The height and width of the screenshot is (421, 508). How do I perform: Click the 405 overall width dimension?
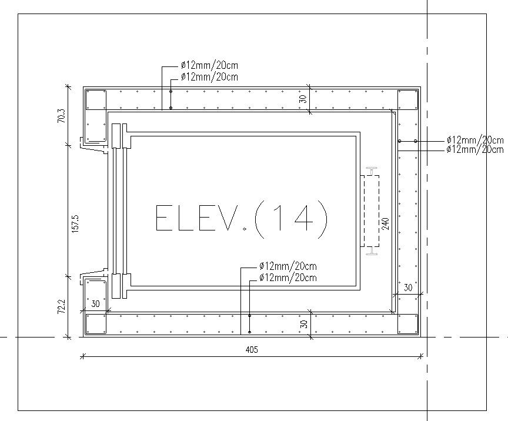pyautogui.click(x=252, y=349)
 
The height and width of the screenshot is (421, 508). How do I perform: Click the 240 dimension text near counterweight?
pyautogui.click(x=386, y=224)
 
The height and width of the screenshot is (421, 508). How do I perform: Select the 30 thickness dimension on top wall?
pyautogui.click(x=303, y=98)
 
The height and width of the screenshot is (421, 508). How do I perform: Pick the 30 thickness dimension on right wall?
pyautogui.click(x=408, y=288)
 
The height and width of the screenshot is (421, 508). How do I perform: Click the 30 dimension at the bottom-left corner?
pyautogui.click(x=96, y=305)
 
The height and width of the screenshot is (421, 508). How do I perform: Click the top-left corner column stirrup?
pyautogui.click(x=96, y=100)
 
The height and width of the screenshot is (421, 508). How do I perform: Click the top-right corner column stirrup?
pyautogui.click(x=407, y=100)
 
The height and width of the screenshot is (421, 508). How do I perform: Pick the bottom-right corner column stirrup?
pyautogui.click(x=407, y=323)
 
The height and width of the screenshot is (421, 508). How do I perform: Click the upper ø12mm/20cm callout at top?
pyautogui.click(x=209, y=65)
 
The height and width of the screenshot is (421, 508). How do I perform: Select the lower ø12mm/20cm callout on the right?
pyautogui.click(x=475, y=149)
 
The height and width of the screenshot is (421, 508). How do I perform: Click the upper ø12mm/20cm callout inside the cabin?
pyautogui.click(x=288, y=266)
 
